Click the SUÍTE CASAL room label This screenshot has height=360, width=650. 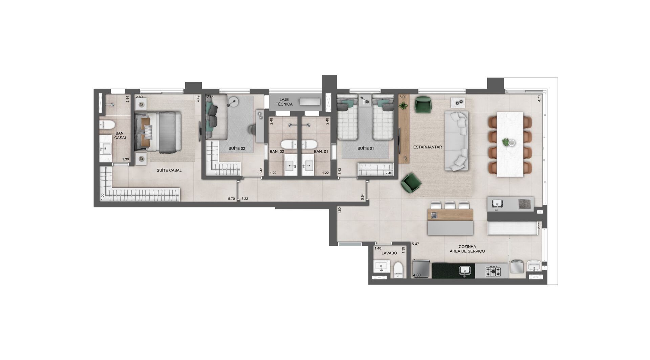click(x=169, y=170)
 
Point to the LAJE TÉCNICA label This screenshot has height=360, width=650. click(x=284, y=102)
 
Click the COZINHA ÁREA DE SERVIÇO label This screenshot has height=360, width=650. click(x=467, y=249)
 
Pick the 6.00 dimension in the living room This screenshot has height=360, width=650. click(x=403, y=97)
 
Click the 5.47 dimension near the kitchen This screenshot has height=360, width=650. click(x=415, y=244)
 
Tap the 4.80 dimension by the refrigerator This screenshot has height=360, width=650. click(x=417, y=275)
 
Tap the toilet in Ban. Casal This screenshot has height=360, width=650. click(x=107, y=125)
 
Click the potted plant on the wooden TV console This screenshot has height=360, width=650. click(x=403, y=106)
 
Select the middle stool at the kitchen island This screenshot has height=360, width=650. click(x=450, y=205)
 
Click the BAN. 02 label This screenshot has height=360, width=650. click(x=277, y=152)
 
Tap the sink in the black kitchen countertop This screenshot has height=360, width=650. click(x=465, y=270)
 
